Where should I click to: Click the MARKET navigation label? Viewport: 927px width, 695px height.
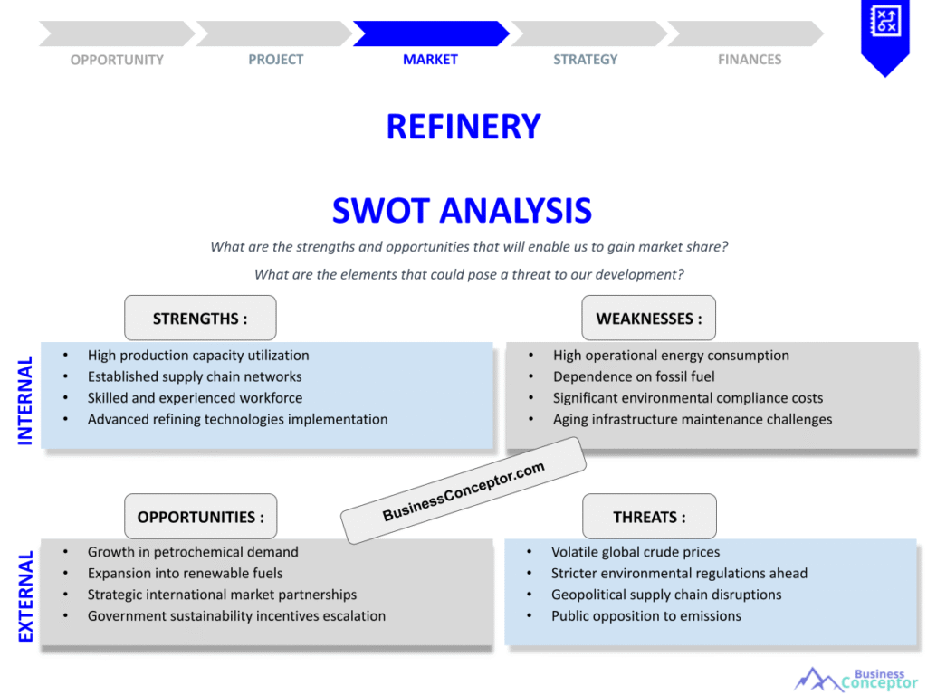pyautogui.click(x=430, y=60)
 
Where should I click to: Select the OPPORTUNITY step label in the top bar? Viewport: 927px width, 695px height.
pyautogui.click(x=117, y=60)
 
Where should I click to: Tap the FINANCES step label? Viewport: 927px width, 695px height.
pyautogui.click(x=750, y=60)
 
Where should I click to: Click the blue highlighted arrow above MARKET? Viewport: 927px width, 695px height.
pyautogui.click(x=430, y=33)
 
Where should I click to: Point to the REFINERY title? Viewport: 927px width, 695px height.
pyautogui.click(x=463, y=127)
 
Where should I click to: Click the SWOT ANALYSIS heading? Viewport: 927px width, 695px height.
pyautogui.click(x=462, y=211)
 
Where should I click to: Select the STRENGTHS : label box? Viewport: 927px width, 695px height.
pyautogui.click(x=200, y=319)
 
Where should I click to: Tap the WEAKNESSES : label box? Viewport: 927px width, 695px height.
pyautogui.click(x=648, y=319)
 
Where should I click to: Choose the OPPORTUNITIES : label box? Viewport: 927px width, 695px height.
pyautogui.click(x=201, y=518)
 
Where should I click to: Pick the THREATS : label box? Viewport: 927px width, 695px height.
pyautogui.click(x=649, y=518)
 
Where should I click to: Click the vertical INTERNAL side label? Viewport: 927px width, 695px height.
pyautogui.click(x=25, y=400)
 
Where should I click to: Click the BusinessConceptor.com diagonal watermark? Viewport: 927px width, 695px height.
pyautogui.click(x=463, y=491)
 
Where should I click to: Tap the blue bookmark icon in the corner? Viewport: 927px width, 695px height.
pyautogui.click(x=884, y=34)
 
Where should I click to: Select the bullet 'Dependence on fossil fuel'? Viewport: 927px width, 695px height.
pyautogui.click(x=634, y=376)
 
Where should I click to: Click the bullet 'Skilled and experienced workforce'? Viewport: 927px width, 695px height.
pyautogui.click(x=195, y=398)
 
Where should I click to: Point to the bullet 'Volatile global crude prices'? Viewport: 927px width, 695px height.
pyautogui.click(x=636, y=552)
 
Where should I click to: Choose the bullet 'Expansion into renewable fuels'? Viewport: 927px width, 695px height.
pyautogui.click(x=185, y=573)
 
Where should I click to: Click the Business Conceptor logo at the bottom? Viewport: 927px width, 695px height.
pyautogui.click(x=855, y=679)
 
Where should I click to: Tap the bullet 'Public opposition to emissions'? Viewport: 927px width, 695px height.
pyautogui.click(x=645, y=616)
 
